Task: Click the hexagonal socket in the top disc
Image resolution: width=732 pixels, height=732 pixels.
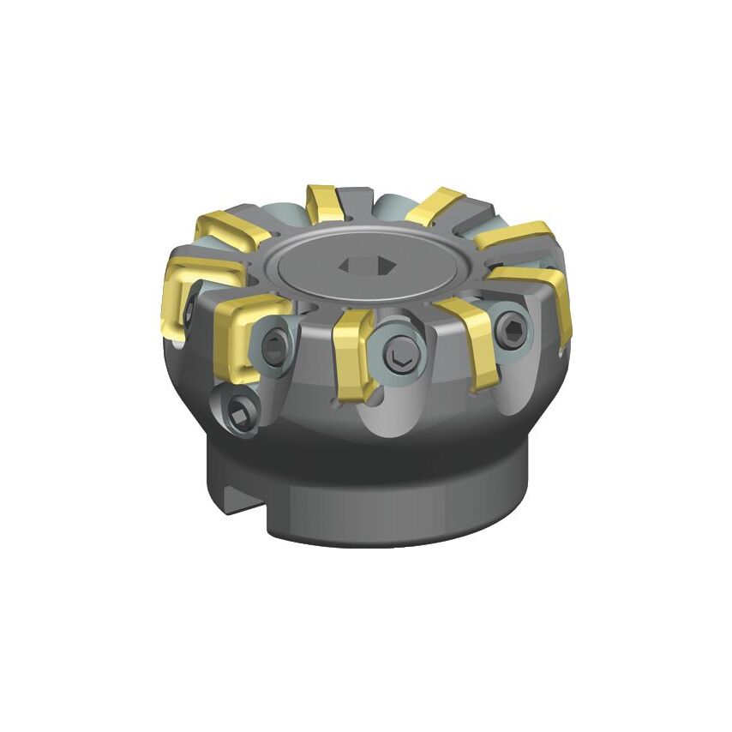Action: coord(367,266)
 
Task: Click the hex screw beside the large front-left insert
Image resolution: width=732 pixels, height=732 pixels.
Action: coord(277,345)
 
